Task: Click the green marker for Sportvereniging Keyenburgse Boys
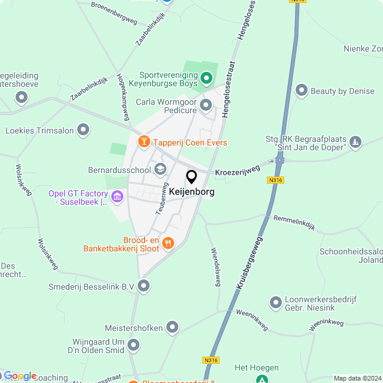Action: coord(206,77)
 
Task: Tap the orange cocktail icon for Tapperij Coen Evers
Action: coord(144,142)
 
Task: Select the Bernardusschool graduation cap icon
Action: coord(160,169)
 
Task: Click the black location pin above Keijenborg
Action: coord(191,177)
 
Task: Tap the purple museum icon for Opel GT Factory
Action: coord(117,196)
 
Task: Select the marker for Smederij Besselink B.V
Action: coord(144,287)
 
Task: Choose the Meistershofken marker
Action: coord(172,327)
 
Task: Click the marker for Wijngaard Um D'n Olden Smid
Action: coord(133,345)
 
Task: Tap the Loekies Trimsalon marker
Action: coord(83,129)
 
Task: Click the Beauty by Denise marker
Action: coord(301,92)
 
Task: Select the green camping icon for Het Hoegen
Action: coord(262,379)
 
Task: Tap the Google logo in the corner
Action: coord(20,376)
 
